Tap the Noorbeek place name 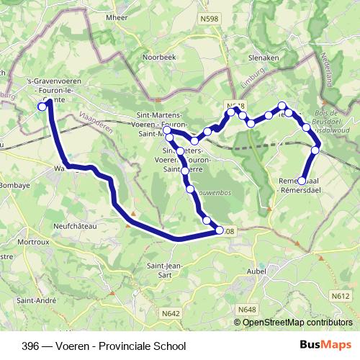tap(158, 56)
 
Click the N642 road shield tap(171, 312)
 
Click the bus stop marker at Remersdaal tap(302, 181)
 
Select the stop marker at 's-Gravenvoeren tap(42, 107)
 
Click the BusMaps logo tap(326, 345)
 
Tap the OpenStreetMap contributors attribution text tap(299, 323)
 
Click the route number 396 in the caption tap(30, 346)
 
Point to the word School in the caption tap(171, 346)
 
